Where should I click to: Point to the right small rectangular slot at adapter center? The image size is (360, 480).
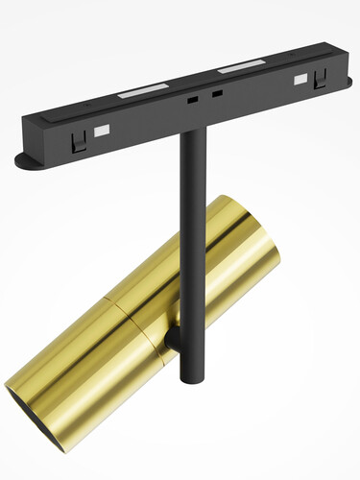coord(217,94)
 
